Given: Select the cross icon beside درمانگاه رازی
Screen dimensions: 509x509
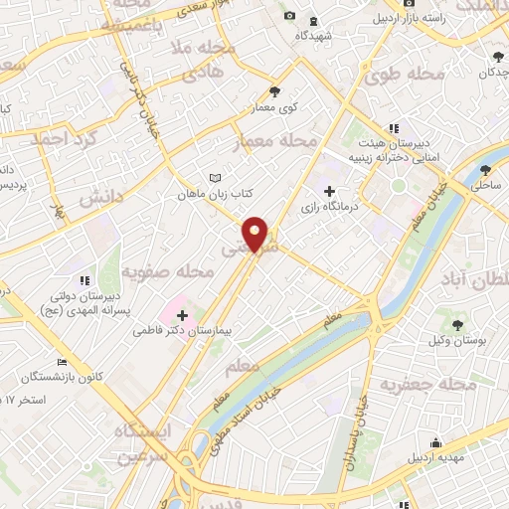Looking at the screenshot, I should click(330, 190).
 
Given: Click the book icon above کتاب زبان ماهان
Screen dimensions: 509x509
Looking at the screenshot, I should click(213, 179).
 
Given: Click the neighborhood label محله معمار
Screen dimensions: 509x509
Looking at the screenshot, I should click(271, 145).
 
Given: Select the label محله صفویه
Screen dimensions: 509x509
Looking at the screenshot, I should click(168, 270).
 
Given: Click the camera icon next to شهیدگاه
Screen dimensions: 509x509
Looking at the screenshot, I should click(289, 15).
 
